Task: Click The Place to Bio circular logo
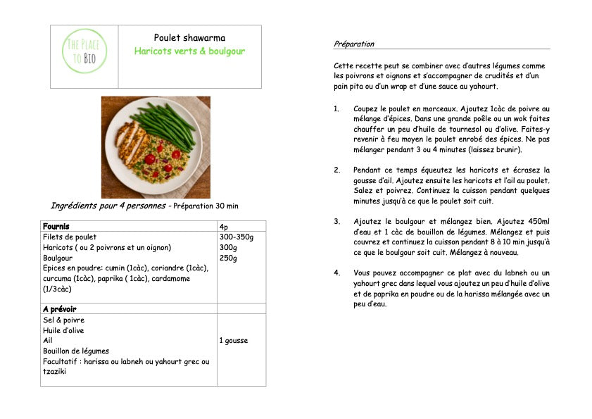tap(84, 51)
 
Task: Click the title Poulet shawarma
tap(189, 38)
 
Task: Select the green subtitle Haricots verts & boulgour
tap(189, 51)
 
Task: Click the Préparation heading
tap(354, 44)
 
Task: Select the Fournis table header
tap(56, 227)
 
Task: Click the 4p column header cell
tap(224, 227)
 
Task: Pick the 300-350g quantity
tap(236, 237)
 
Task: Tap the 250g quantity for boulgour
tap(227, 258)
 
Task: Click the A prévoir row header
tap(59, 309)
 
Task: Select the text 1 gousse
tap(233, 341)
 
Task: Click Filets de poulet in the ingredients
tap(70, 237)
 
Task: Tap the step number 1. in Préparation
tap(336, 109)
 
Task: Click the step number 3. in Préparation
tap(336, 221)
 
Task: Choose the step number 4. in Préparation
tap(336, 273)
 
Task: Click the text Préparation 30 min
tap(206, 206)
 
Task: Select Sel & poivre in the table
tap(63, 320)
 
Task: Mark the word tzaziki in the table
tap(54, 371)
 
